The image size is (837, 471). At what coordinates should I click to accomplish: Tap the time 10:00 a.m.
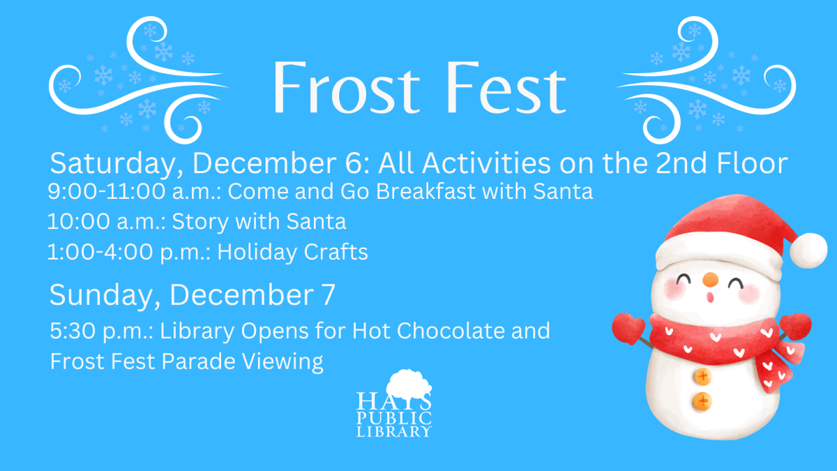click(104, 222)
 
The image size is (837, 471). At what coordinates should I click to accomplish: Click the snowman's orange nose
click(709, 281)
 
